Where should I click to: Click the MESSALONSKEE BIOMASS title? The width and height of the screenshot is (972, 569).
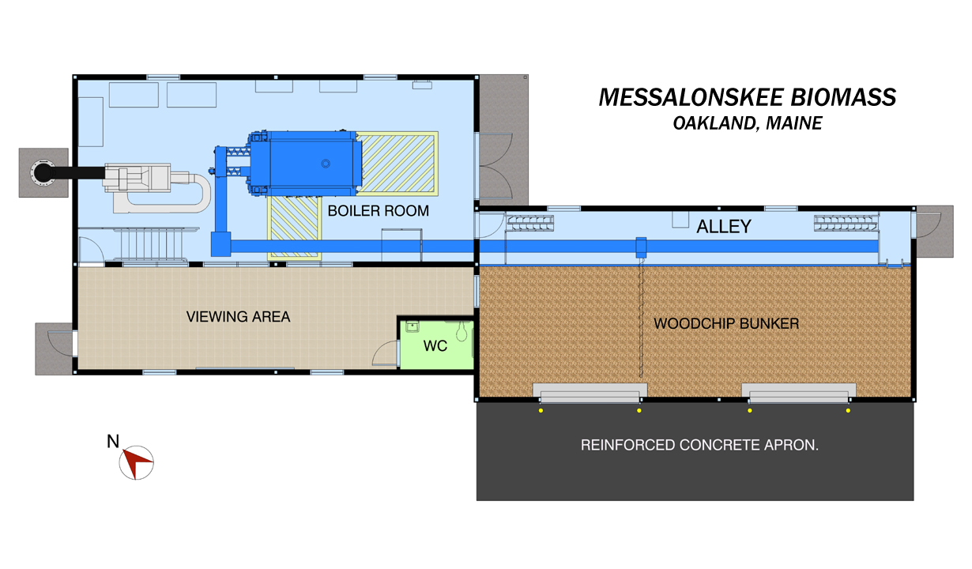pyautogui.click(x=747, y=97)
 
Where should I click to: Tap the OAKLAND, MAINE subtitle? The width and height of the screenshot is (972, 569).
pyautogui.click(x=747, y=123)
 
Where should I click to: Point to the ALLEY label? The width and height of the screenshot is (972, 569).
pyautogui.click(x=723, y=228)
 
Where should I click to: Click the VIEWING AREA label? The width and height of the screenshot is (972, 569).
pyautogui.click(x=238, y=317)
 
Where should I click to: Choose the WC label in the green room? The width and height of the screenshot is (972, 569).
pyautogui.click(x=435, y=346)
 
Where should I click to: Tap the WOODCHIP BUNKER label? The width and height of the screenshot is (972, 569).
pyautogui.click(x=726, y=324)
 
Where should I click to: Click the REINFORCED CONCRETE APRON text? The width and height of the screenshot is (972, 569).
pyautogui.click(x=699, y=445)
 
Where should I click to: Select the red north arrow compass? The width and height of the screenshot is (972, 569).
pyautogui.click(x=136, y=462)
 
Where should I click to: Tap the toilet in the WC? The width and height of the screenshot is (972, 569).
pyautogui.click(x=461, y=330)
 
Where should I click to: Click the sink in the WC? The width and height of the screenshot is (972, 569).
pyautogui.click(x=411, y=326)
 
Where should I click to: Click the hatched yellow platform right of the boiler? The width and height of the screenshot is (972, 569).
pyautogui.click(x=395, y=163)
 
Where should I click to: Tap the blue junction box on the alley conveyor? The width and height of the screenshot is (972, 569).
pyautogui.click(x=642, y=246)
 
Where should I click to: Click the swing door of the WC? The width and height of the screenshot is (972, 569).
pyautogui.click(x=385, y=352)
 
